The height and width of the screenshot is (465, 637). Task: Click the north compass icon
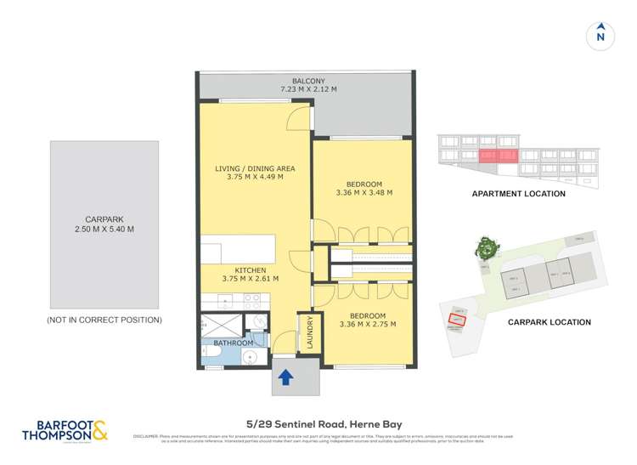(600, 35)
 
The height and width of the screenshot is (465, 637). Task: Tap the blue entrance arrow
(285, 376)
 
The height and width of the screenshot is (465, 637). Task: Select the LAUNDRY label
(311, 332)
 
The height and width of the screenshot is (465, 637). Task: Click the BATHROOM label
(234, 343)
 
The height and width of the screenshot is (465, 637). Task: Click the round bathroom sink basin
(247, 358)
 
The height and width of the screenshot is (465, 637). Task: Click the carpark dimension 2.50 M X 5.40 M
(104, 230)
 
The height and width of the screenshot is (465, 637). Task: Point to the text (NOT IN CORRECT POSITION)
(104, 320)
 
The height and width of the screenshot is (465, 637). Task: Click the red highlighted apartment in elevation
(497, 156)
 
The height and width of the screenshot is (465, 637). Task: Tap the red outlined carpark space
(459, 320)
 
